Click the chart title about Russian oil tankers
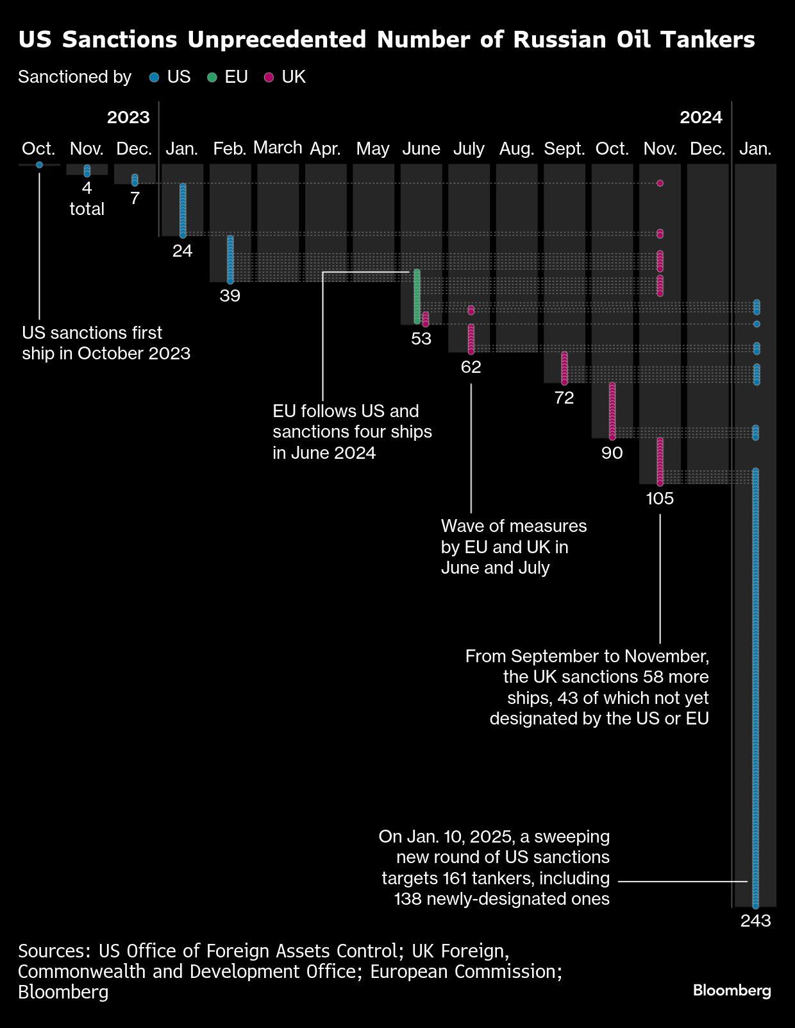387,40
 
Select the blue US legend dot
154,78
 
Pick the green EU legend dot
212,78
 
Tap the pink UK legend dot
269,78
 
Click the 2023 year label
128,117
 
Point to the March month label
278,148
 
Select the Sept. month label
564,149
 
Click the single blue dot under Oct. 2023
40,165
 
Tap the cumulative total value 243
755,921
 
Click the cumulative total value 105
660,499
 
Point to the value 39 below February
230,296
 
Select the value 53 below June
421,339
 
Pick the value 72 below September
564,398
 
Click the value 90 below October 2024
612,453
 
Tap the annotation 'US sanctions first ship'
106,343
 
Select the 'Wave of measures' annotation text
514,547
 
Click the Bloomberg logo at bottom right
732,990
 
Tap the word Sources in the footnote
54,950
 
